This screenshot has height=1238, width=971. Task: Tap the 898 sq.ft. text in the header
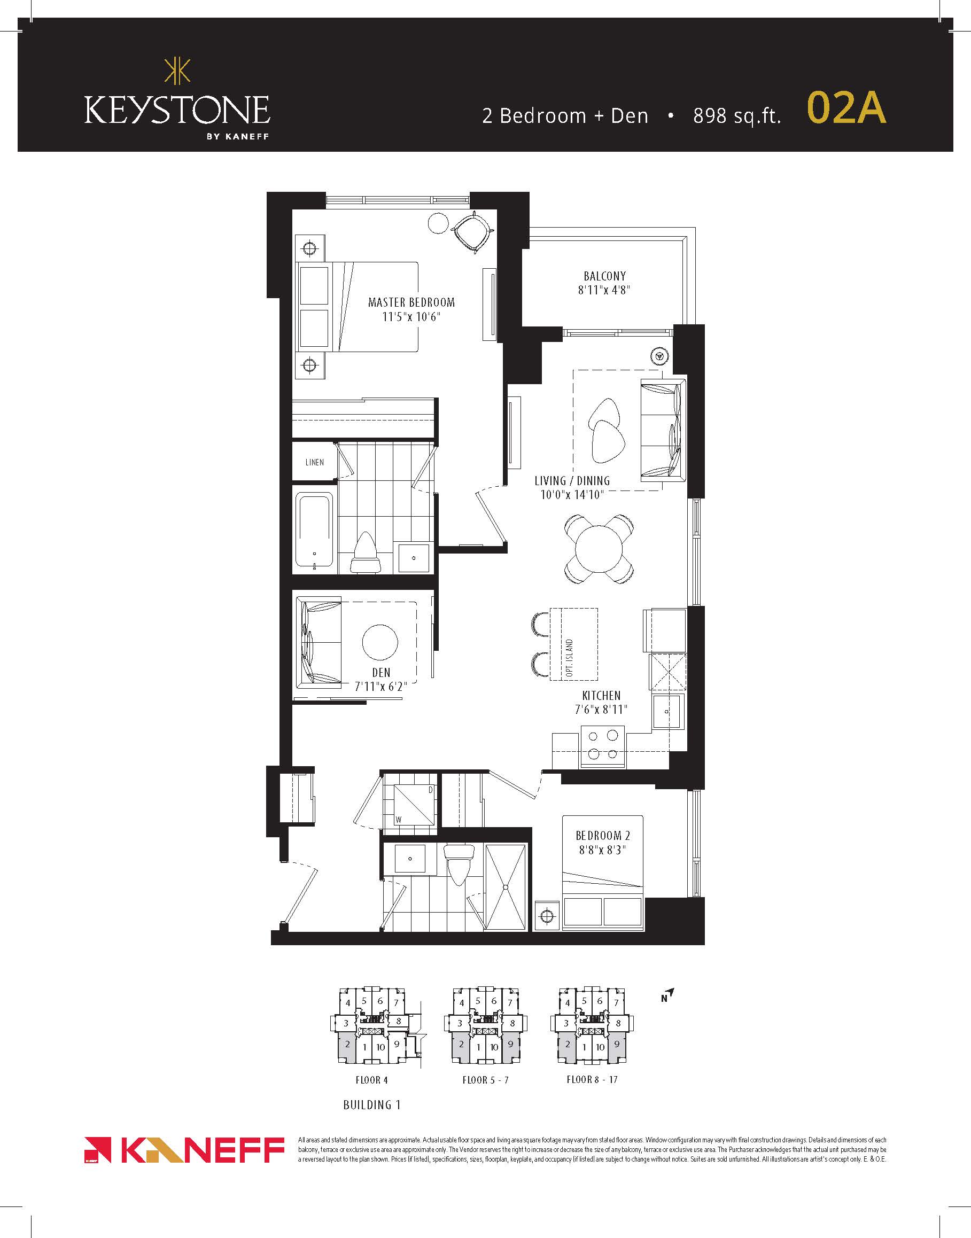coord(737,115)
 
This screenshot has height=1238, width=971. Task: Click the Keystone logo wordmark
coord(177,110)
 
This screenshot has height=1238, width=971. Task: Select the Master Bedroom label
coord(411,302)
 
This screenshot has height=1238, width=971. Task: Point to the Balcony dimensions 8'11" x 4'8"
coord(604,290)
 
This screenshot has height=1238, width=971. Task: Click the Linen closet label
coord(314,462)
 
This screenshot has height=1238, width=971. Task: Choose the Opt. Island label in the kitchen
coord(569,658)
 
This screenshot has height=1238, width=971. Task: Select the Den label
coord(381,672)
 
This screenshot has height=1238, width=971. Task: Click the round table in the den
coord(380,642)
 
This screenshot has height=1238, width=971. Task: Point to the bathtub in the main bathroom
coord(314,531)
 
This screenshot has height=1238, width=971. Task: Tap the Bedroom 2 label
coord(603,836)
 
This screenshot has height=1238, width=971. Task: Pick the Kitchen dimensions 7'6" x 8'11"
coord(601,710)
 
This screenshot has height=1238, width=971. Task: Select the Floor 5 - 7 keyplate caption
coord(485,1080)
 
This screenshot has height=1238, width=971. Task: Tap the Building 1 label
coord(372,1105)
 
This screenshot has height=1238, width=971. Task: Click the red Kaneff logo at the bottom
coord(184,1150)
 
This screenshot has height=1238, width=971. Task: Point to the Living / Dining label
coord(572,481)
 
